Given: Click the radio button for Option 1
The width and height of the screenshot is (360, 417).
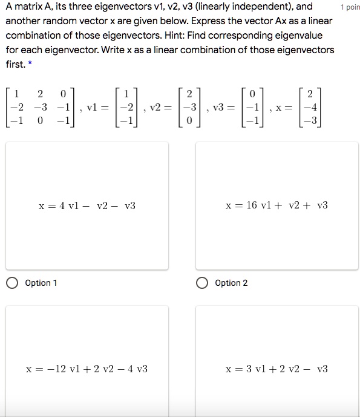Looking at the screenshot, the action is coord(13,283).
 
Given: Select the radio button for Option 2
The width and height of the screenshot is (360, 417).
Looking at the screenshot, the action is coord(203,283).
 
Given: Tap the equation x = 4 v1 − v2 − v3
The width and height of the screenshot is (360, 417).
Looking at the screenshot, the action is coord(87,206).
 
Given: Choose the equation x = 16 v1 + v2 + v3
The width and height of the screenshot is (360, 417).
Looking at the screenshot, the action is coord(277,205).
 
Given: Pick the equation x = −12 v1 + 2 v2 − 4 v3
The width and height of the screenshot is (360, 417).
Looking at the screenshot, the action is coord(87,369).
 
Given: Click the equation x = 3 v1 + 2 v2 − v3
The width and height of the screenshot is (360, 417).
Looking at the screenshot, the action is coord(277,369).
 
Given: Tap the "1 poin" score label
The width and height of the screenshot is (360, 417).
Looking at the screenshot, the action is coord(350,7).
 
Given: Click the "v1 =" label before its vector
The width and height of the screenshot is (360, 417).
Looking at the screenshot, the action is coord(97,108).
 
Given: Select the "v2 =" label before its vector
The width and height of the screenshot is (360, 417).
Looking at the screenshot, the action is coord(160,108).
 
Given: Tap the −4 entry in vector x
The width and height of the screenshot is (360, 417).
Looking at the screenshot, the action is coord(310,108).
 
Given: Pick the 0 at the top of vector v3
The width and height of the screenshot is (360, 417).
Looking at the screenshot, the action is coord(253,94).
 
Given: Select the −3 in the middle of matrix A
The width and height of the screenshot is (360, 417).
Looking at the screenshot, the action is coord(41,108).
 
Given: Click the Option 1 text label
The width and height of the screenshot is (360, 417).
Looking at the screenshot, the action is coord(42,283).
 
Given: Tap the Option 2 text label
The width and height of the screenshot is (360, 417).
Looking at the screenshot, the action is coord(231,283).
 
